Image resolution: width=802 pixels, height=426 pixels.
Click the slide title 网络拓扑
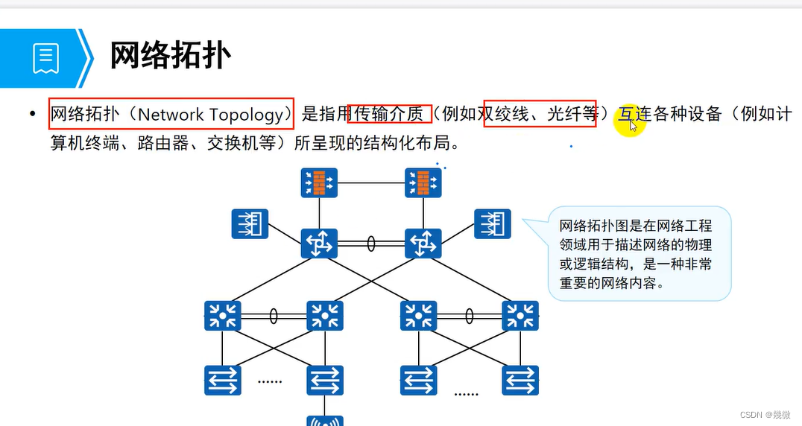(x=171, y=56)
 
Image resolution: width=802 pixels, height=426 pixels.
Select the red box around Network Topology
(x=171, y=114)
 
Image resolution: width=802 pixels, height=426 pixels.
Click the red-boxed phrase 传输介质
(x=390, y=114)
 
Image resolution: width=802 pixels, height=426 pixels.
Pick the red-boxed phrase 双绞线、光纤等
(x=540, y=114)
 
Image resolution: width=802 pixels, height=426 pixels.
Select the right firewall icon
(x=423, y=182)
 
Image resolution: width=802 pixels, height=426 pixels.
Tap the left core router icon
(x=320, y=244)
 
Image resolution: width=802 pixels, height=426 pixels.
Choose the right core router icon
(x=423, y=244)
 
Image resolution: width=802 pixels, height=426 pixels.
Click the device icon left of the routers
(x=250, y=223)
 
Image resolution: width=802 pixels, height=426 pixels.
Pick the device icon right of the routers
(x=493, y=223)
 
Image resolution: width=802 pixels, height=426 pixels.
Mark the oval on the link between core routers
(x=371, y=244)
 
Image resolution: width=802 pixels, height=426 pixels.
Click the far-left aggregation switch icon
(x=222, y=316)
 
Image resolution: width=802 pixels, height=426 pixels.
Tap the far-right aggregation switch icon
(x=520, y=316)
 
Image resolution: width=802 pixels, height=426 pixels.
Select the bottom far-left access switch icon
(x=222, y=380)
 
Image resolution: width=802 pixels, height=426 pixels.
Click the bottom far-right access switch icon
(x=520, y=380)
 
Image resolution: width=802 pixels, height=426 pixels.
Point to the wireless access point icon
(x=325, y=421)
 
